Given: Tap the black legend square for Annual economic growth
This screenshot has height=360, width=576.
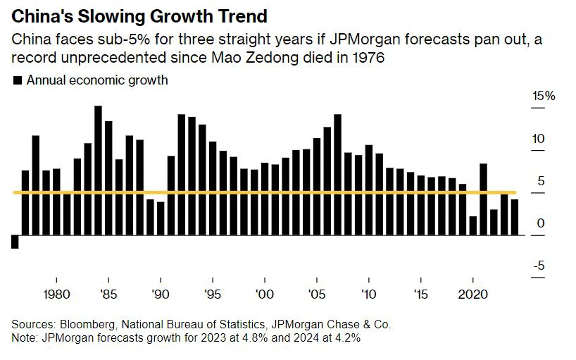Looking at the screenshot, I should pyautogui.click(x=17, y=80).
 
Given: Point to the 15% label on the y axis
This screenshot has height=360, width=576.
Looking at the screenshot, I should pyautogui.click(x=543, y=96).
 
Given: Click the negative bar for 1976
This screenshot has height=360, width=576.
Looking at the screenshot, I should pyautogui.click(x=15, y=242).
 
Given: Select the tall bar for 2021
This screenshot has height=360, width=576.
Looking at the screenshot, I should pyautogui.click(x=484, y=199).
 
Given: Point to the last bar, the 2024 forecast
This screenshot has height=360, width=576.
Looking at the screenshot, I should pyautogui.click(x=515, y=217).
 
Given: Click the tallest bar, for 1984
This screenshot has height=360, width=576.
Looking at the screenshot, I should pyautogui.click(x=98, y=170).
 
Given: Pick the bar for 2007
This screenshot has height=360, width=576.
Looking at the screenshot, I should pyautogui.click(x=337, y=175).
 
